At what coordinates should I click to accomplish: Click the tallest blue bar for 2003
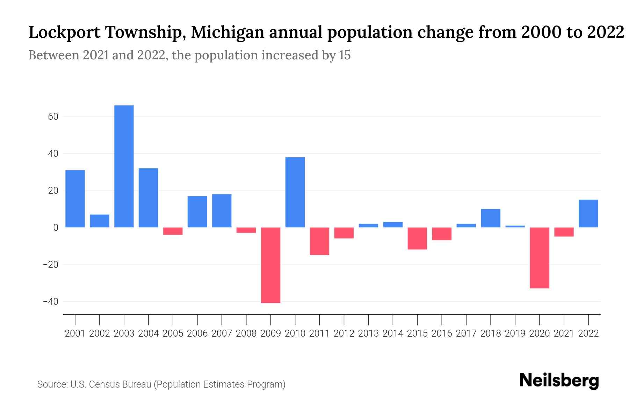click(124, 166)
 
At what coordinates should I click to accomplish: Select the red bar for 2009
click(271, 265)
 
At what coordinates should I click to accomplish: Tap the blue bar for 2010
click(295, 192)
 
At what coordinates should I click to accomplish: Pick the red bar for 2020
click(540, 258)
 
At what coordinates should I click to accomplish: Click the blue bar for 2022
click(588, 213)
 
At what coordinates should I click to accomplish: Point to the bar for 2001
click(75, 198)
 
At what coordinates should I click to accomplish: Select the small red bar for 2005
click(173, 231)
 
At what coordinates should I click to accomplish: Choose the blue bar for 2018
click(491, 218)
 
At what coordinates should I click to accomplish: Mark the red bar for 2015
click(417, 238)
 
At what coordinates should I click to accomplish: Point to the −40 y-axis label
click(50, 302)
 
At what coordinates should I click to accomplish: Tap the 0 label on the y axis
click(56, 228)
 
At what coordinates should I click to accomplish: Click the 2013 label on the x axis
click(368, 333)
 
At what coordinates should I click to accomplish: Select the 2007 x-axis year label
click(222, 333)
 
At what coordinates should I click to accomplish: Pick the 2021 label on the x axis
click(564, 333)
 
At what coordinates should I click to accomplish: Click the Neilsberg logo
click(559, 381)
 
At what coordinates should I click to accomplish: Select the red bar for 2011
click(320, 241)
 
